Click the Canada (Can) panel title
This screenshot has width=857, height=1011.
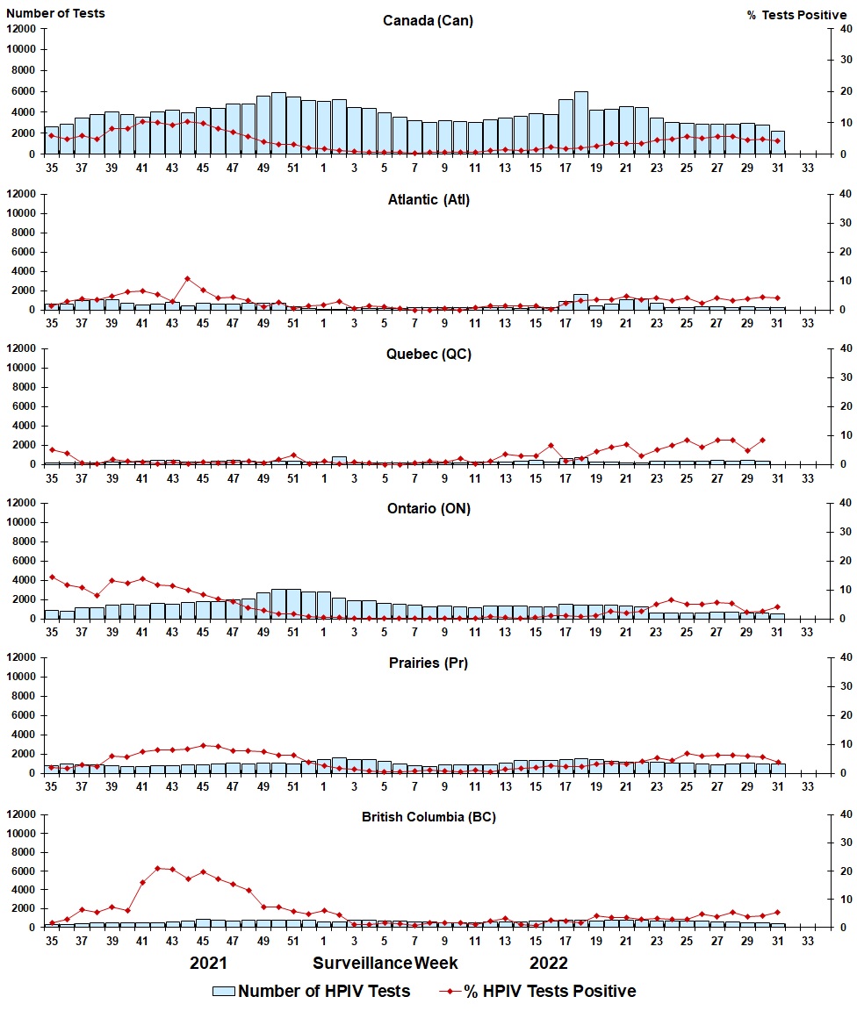coord(428,21)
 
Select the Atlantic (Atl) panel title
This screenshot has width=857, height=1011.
coord(428,200)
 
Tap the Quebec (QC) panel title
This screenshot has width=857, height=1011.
coord(428,354)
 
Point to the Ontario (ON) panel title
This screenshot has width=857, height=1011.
coord(428,508)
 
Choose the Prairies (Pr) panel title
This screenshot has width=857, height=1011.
coord(428,663)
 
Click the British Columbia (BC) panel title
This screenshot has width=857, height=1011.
coord(428,817)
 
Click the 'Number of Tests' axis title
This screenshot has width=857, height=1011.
coord(55,13)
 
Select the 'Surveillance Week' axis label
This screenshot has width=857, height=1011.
coord(385,963)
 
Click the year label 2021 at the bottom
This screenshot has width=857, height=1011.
coord(208,963)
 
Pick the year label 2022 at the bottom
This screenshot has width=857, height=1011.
coord(549,963)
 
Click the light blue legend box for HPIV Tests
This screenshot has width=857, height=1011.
coord(223,991)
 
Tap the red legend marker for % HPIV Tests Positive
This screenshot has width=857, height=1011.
coord(450,991)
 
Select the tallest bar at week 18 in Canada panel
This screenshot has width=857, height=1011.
coord(580,123)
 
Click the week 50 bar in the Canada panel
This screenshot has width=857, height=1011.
coord(278,123)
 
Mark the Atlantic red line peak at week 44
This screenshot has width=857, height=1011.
coord(187,278)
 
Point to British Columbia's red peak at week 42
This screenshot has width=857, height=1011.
coord(157,868)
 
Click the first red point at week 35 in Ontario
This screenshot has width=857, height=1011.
coord(52,577)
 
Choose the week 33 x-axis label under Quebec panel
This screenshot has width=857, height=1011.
coord(808,478)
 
